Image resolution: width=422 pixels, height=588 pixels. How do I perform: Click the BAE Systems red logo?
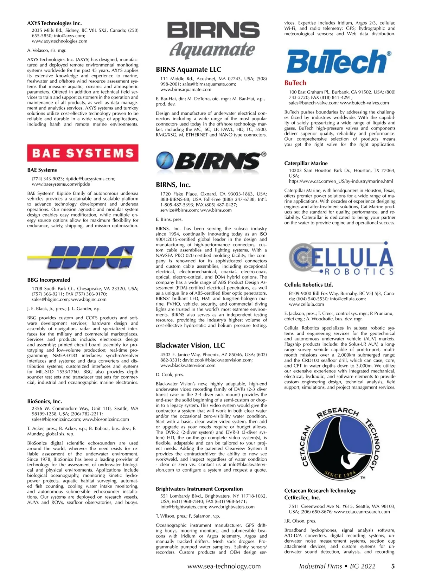83,153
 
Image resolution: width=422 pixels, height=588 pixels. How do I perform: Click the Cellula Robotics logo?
340,258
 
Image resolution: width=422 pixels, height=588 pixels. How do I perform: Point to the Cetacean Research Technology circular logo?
340,445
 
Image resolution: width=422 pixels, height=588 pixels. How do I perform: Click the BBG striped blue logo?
83,256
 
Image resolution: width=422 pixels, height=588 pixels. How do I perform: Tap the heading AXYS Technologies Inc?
55,23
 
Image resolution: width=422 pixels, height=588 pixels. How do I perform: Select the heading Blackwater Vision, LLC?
190,345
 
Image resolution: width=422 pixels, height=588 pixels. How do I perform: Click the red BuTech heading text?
295,83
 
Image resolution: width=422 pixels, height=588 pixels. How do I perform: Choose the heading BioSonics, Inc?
45,401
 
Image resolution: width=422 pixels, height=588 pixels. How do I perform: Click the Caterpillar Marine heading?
306,163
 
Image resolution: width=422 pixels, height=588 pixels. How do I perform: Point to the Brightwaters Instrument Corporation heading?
199,489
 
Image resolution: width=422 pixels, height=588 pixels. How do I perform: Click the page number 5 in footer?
393,566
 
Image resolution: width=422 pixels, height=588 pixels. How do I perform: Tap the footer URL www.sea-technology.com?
224,566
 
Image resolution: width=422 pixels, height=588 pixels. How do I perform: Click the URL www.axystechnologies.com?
59,41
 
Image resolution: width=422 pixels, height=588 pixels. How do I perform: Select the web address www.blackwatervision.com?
188,365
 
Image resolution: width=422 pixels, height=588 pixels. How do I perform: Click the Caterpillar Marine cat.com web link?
341,181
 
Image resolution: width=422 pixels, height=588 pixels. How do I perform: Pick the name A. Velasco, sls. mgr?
47,50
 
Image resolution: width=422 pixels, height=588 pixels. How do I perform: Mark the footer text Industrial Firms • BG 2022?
337,566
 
